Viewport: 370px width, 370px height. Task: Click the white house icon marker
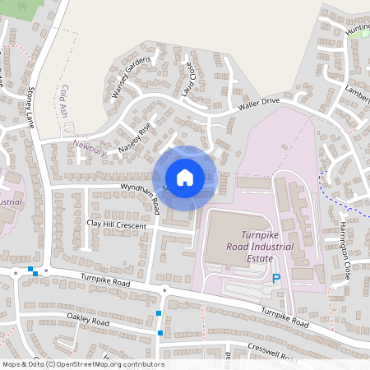(185, 178)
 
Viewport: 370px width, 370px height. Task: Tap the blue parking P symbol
(276, 280)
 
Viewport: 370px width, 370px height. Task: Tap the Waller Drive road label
(259, 104)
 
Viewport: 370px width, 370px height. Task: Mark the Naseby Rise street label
(135, 136)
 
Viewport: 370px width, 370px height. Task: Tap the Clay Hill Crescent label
(116, 224)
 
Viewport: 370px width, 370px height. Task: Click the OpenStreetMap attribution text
(82, 364)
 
